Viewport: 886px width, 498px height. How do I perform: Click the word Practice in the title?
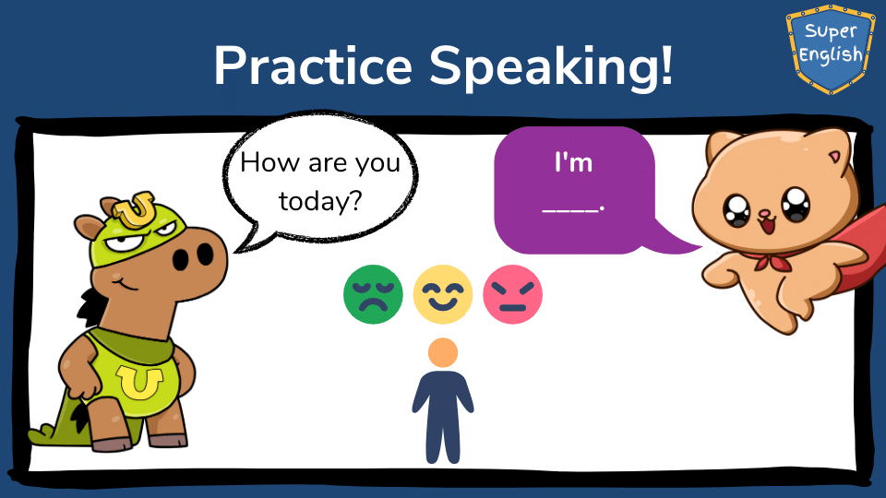(x=313, y=65)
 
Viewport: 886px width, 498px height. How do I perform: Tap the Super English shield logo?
(x=830, y=49)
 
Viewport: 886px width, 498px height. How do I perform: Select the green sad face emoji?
(x=373, y=294)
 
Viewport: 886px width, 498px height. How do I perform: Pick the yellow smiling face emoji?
(x=442, y=294)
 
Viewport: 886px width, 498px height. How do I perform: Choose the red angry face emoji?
(x=512, y=294)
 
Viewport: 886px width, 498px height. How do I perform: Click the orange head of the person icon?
(x=443, y=352)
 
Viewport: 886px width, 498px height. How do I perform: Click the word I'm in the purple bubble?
(x=573, y=162)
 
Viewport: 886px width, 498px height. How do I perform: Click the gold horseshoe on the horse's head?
(x=135, y=209)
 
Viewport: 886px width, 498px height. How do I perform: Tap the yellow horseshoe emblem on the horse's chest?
(x=139, y=382)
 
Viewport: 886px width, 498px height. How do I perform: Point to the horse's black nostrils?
(x=193, y=257)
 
